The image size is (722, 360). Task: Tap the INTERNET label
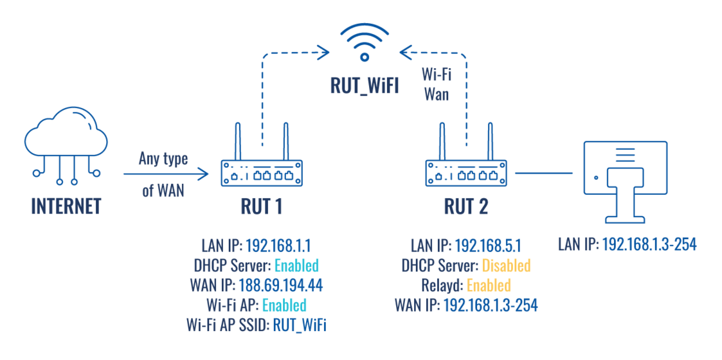pyautogui.click(x=66, y=206)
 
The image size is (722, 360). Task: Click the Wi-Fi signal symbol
pyautogui.click(x=364, y=42)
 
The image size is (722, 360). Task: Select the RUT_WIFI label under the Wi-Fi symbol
pyautogui.click(x=365, y=85)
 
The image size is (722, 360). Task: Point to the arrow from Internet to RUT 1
pyautogui.click(x=167, y=173)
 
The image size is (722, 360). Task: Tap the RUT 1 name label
pyautogui.click(x=261, y=206)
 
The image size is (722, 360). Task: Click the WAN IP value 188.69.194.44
pyautogui.click(x=280, y=285)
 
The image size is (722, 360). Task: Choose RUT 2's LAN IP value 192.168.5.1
pyautogui.click(x=487, y=246)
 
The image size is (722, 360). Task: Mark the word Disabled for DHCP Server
pyautogui.click(x=507, y=265)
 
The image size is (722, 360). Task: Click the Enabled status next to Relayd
pyautogui.click(x=489, y=285)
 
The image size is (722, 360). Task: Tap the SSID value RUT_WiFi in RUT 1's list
pyautogui.click(x=300, y=325)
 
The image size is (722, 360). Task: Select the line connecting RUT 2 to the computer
pyautogui.click(x=544, y=172)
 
